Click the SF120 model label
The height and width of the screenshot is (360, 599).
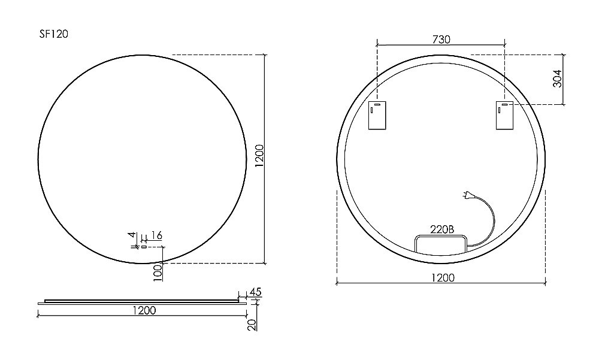pos(53,34)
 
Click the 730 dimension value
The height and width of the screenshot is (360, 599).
pos(441,40)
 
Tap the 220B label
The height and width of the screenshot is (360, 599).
pos(442,229)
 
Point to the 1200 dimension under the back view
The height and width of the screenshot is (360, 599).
pos(442,277)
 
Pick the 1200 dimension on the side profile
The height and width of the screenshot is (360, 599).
pos(144,310)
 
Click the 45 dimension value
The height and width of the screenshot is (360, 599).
pos(255,292)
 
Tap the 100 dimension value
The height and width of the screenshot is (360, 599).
pos(158,272)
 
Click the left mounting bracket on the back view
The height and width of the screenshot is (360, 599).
pos(377,115)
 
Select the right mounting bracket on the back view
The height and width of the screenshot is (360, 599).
pos(504,115)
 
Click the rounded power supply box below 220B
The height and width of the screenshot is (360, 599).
pos(441,243)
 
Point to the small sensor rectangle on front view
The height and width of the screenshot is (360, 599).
pos(144,246)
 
